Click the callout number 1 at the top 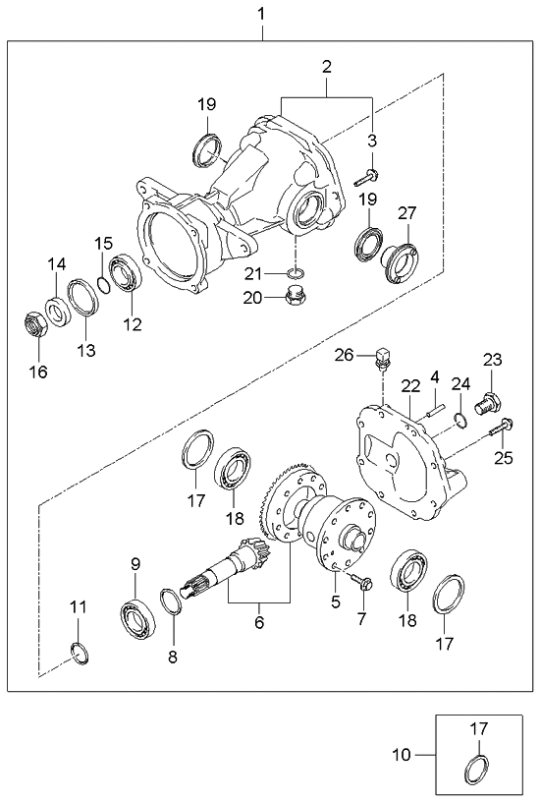[x=261, y=14]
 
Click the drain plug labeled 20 [x=291, y=298]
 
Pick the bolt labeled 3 [x=369, y=178]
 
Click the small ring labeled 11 [x=79, y=652]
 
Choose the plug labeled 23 [x=488, y=402]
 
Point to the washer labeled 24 [x=459, y=423]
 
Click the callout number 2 [x=326, y=67]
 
